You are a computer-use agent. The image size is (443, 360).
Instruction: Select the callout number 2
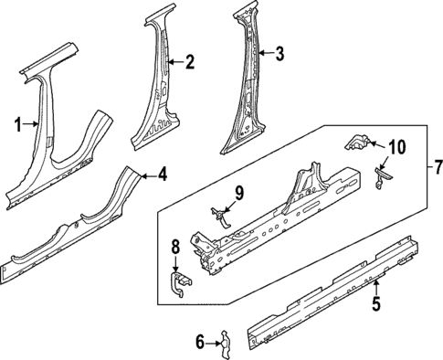coord(189,62)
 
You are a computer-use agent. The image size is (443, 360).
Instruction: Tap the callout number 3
coord(280,54)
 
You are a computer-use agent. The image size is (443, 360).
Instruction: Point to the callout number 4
coord(161,173)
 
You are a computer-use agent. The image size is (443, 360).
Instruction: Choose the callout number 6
coord(201,342)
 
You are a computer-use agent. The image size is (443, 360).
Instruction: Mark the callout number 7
coord(437,166)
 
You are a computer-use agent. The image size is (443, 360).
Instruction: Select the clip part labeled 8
coord(180,283)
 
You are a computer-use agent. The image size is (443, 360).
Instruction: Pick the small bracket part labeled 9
coord(220,215)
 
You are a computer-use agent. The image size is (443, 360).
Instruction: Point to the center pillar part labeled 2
coord(160,91)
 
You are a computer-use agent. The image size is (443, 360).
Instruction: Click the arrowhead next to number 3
coord(260,54)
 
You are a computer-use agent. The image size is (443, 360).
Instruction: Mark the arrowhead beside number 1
coord(37,123)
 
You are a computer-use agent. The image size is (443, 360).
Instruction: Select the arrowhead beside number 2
coord(170,62)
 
